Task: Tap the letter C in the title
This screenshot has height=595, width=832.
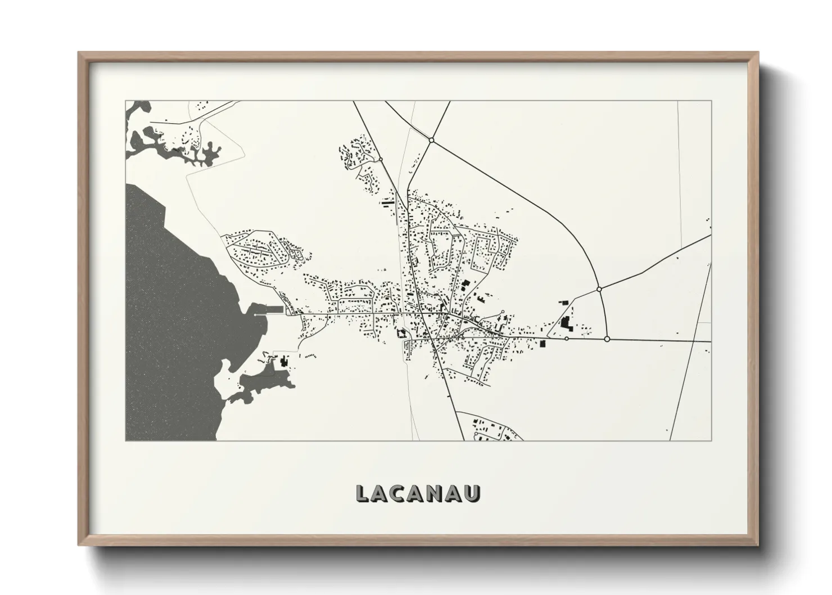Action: tap(401, 493)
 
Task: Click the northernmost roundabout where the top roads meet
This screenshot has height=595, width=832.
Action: tap(431, 139)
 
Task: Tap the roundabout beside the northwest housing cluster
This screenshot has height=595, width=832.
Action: tap(381, 160)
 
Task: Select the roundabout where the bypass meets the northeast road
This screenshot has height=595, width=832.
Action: tap(599, 289)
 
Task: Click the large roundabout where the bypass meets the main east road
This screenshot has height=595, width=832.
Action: tap(607, 339)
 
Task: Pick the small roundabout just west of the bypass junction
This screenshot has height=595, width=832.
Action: tap(566, 339)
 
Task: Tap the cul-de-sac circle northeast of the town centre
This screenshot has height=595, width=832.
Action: tap(502, 312)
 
